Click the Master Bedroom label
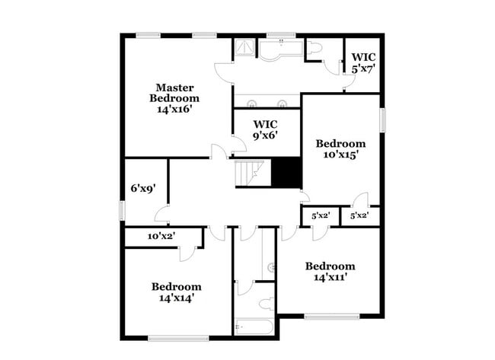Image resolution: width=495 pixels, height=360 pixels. [x=174, y=92]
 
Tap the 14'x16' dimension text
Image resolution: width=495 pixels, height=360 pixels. [x=174, y=109]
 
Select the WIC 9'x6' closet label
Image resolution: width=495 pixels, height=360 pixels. [x=265, y=129]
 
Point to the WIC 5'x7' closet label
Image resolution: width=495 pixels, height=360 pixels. [x=362, y=62]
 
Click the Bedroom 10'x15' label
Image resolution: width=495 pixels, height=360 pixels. [x=340, y=148]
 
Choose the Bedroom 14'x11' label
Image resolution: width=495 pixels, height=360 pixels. [x=330, y=271]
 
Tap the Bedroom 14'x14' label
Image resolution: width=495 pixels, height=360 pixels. [x=176, y=292]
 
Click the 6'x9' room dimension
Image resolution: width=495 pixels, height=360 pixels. [x=142, y=188]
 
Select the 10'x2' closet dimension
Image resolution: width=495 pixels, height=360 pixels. [x=161, y=237]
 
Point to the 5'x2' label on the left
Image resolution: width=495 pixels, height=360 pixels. [x=321, y=215]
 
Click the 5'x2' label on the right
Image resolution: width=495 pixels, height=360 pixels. [x=359, y=215]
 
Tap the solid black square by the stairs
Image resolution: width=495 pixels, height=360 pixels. [x=287, y=172]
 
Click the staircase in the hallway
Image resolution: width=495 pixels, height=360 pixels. [x=251, y=173]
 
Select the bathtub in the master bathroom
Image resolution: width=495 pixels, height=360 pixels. [x=280, y=49]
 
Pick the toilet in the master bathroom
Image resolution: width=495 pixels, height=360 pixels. [x=316, y=47]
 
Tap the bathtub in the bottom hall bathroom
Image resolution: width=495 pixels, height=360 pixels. [x=253, y=328]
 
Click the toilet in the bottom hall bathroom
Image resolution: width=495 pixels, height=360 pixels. [x=267, y=304]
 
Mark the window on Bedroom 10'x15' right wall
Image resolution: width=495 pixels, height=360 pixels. [x=382, y=119]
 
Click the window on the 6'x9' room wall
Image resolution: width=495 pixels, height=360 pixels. [x=122, y=210]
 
